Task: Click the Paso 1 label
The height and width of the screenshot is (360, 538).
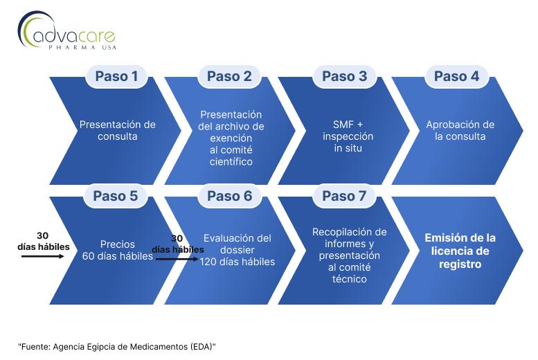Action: click(x=116, y=76)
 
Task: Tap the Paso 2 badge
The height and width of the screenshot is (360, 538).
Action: click(x=229, y=76)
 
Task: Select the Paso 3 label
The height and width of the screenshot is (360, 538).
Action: click(x=344, y=76)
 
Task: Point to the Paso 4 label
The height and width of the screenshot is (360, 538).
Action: click(x=456, y=76)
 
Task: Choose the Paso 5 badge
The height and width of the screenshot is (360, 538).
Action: click(x=115, y=196)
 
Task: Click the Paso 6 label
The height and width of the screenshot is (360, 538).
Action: click(x=230, y=196)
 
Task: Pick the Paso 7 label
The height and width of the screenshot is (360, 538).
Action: click(x=344, y=196)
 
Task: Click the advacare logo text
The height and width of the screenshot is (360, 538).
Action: click(x=74, y=36)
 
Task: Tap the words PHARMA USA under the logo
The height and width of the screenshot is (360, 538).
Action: click(x=82, y=47)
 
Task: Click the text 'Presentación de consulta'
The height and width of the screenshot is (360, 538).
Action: click(x=117, y=130)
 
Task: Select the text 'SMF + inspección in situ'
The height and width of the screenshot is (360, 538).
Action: click(x=348, y=136)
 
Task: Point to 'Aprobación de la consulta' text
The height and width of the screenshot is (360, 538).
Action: click(x=460, y=130)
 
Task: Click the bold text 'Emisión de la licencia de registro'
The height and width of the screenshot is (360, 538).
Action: click(x=460, y=251)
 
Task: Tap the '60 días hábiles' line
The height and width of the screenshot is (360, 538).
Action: click(x=117, y=256)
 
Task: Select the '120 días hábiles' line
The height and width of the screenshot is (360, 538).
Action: click(x=237, y=262)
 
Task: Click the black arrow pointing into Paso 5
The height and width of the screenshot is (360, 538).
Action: click(x=42, y=256)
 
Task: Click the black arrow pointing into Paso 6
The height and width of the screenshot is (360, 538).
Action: click(x=177, y=259)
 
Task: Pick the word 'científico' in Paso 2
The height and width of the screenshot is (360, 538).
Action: click(x=231, y=161)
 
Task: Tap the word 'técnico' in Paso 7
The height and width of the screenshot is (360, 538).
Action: click(x=349, y=279)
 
